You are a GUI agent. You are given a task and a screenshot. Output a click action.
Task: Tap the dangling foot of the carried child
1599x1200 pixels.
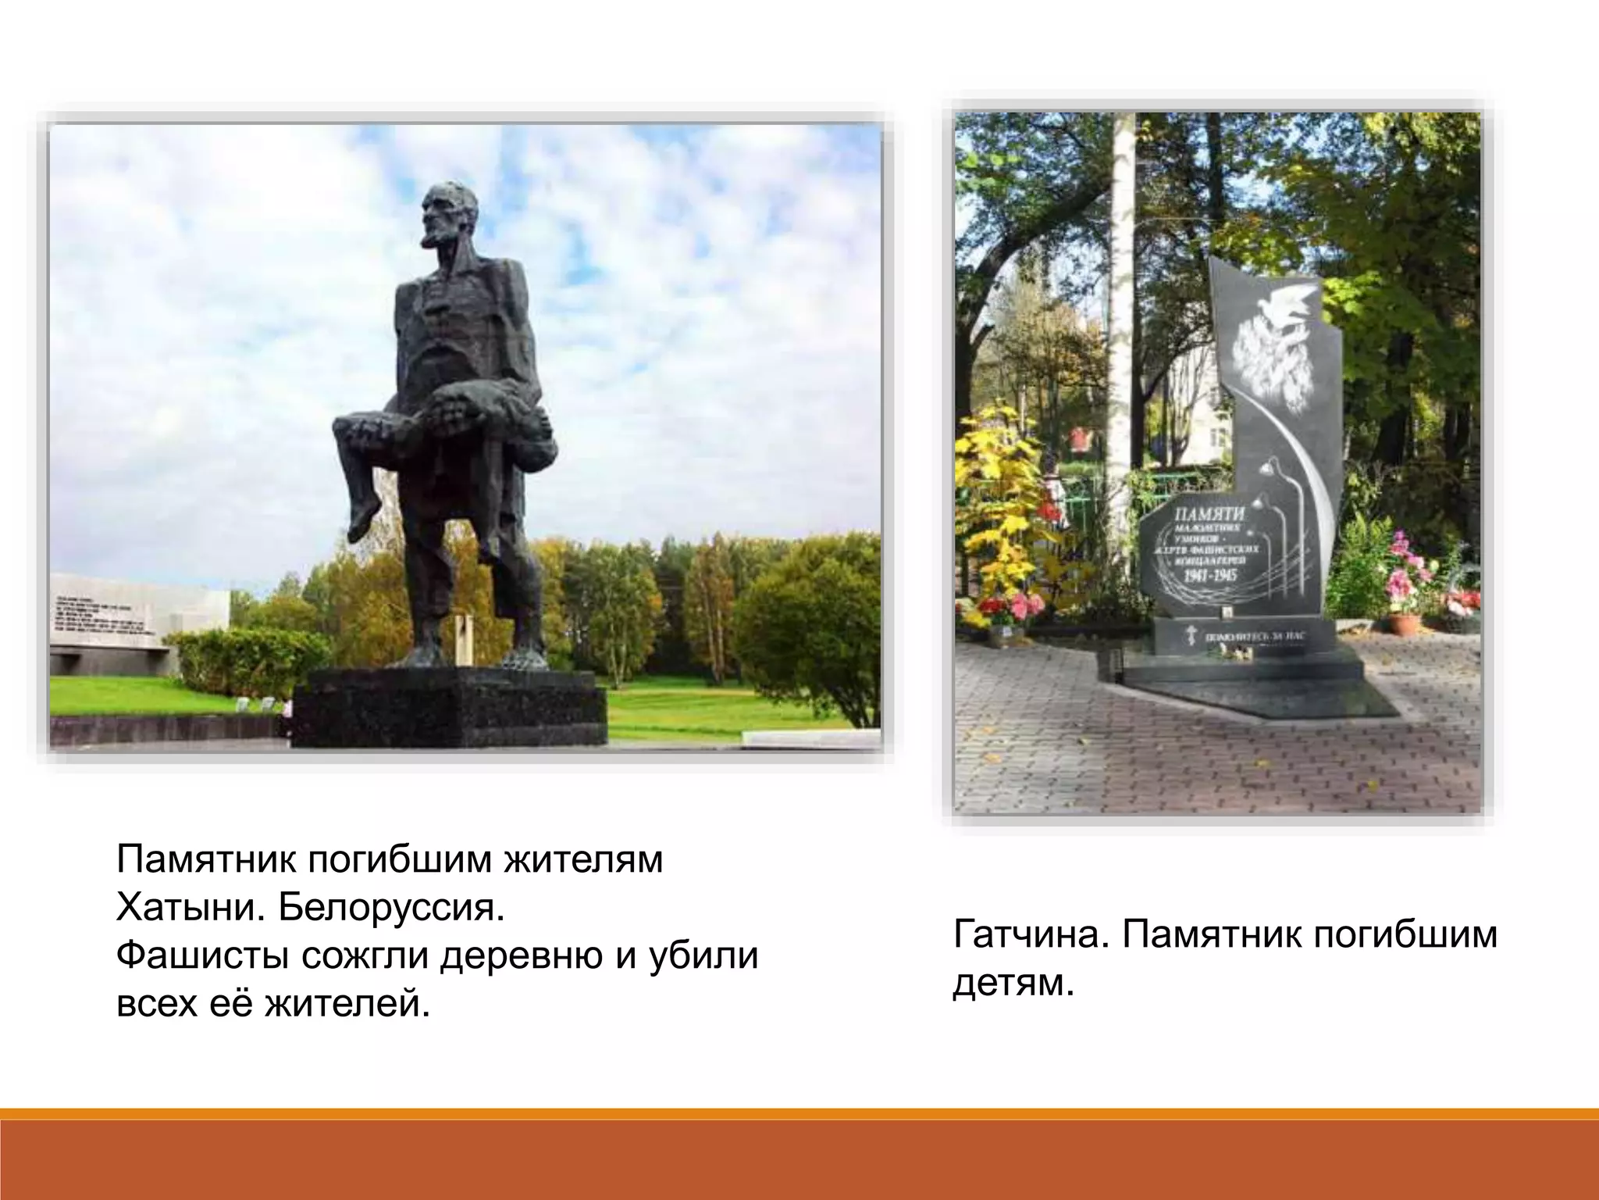pyautogui.click(x=360, y=520)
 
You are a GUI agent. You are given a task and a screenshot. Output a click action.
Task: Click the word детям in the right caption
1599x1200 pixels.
pyautogui.click(x=1013, y=984)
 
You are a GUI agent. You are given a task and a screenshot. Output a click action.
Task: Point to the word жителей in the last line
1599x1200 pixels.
pyautogui.click(x=347, y=1003)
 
